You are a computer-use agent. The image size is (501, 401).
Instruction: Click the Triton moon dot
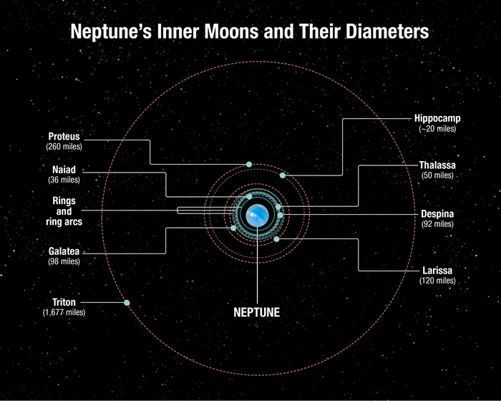click(x=127, y=302)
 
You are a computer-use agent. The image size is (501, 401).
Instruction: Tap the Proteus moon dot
click(x=249, y=165)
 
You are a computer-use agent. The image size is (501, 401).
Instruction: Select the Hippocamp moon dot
click(x=283, y=175)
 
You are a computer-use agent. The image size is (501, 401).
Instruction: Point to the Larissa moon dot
click(x=276, y=239)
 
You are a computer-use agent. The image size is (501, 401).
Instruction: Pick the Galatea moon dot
click(x=234, y=228)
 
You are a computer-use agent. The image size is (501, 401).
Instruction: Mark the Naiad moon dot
click(x=249, y=196)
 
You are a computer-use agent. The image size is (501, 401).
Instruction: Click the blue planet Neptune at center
click(x=256, y=213)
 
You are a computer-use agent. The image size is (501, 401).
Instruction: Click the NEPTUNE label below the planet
click(x=256, y=312)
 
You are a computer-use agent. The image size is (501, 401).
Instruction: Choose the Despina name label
click(x=437, y=213)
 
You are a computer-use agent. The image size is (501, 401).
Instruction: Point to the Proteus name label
click(x=64, y=136)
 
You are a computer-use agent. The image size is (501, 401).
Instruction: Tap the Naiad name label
click(x=64, y=170)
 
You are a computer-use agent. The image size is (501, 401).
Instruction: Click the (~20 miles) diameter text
click(x=437, y=129)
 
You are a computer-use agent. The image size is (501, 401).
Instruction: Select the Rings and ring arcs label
click(x=64, y=211)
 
